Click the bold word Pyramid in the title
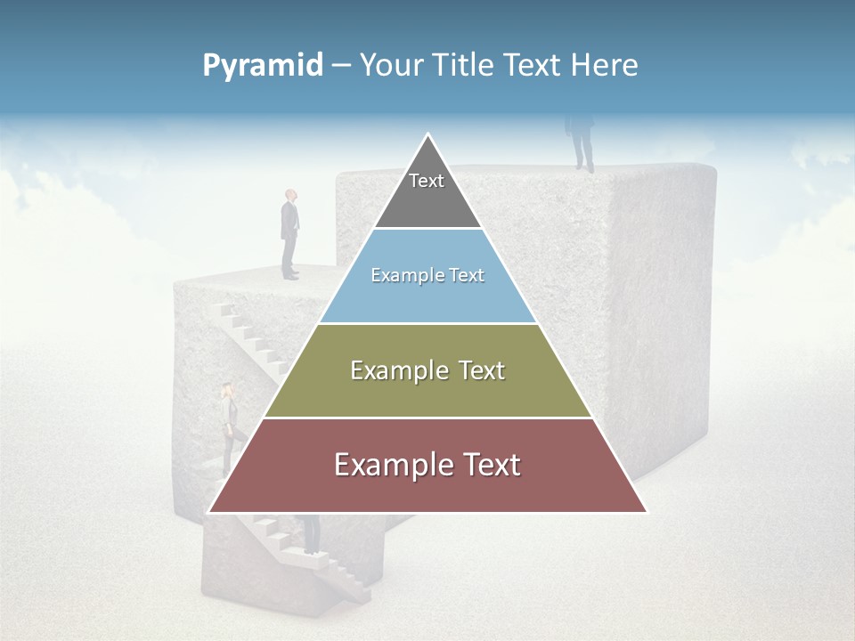pyautogui.click(x=262, y=65)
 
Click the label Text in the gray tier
pyautogui.click(x=427, y=181)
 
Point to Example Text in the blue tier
pyautogui.click(x=427, y=275)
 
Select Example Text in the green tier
pyautogui.click(x=427, y=370)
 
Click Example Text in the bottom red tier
pyautogui.click(x=427, y=465)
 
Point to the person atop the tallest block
pyautogui.click(x=582, y=142)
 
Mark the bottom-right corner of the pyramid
pyautogui.click(x=646, y=512)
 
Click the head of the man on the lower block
pyautogui.click(x=290, y=195)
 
